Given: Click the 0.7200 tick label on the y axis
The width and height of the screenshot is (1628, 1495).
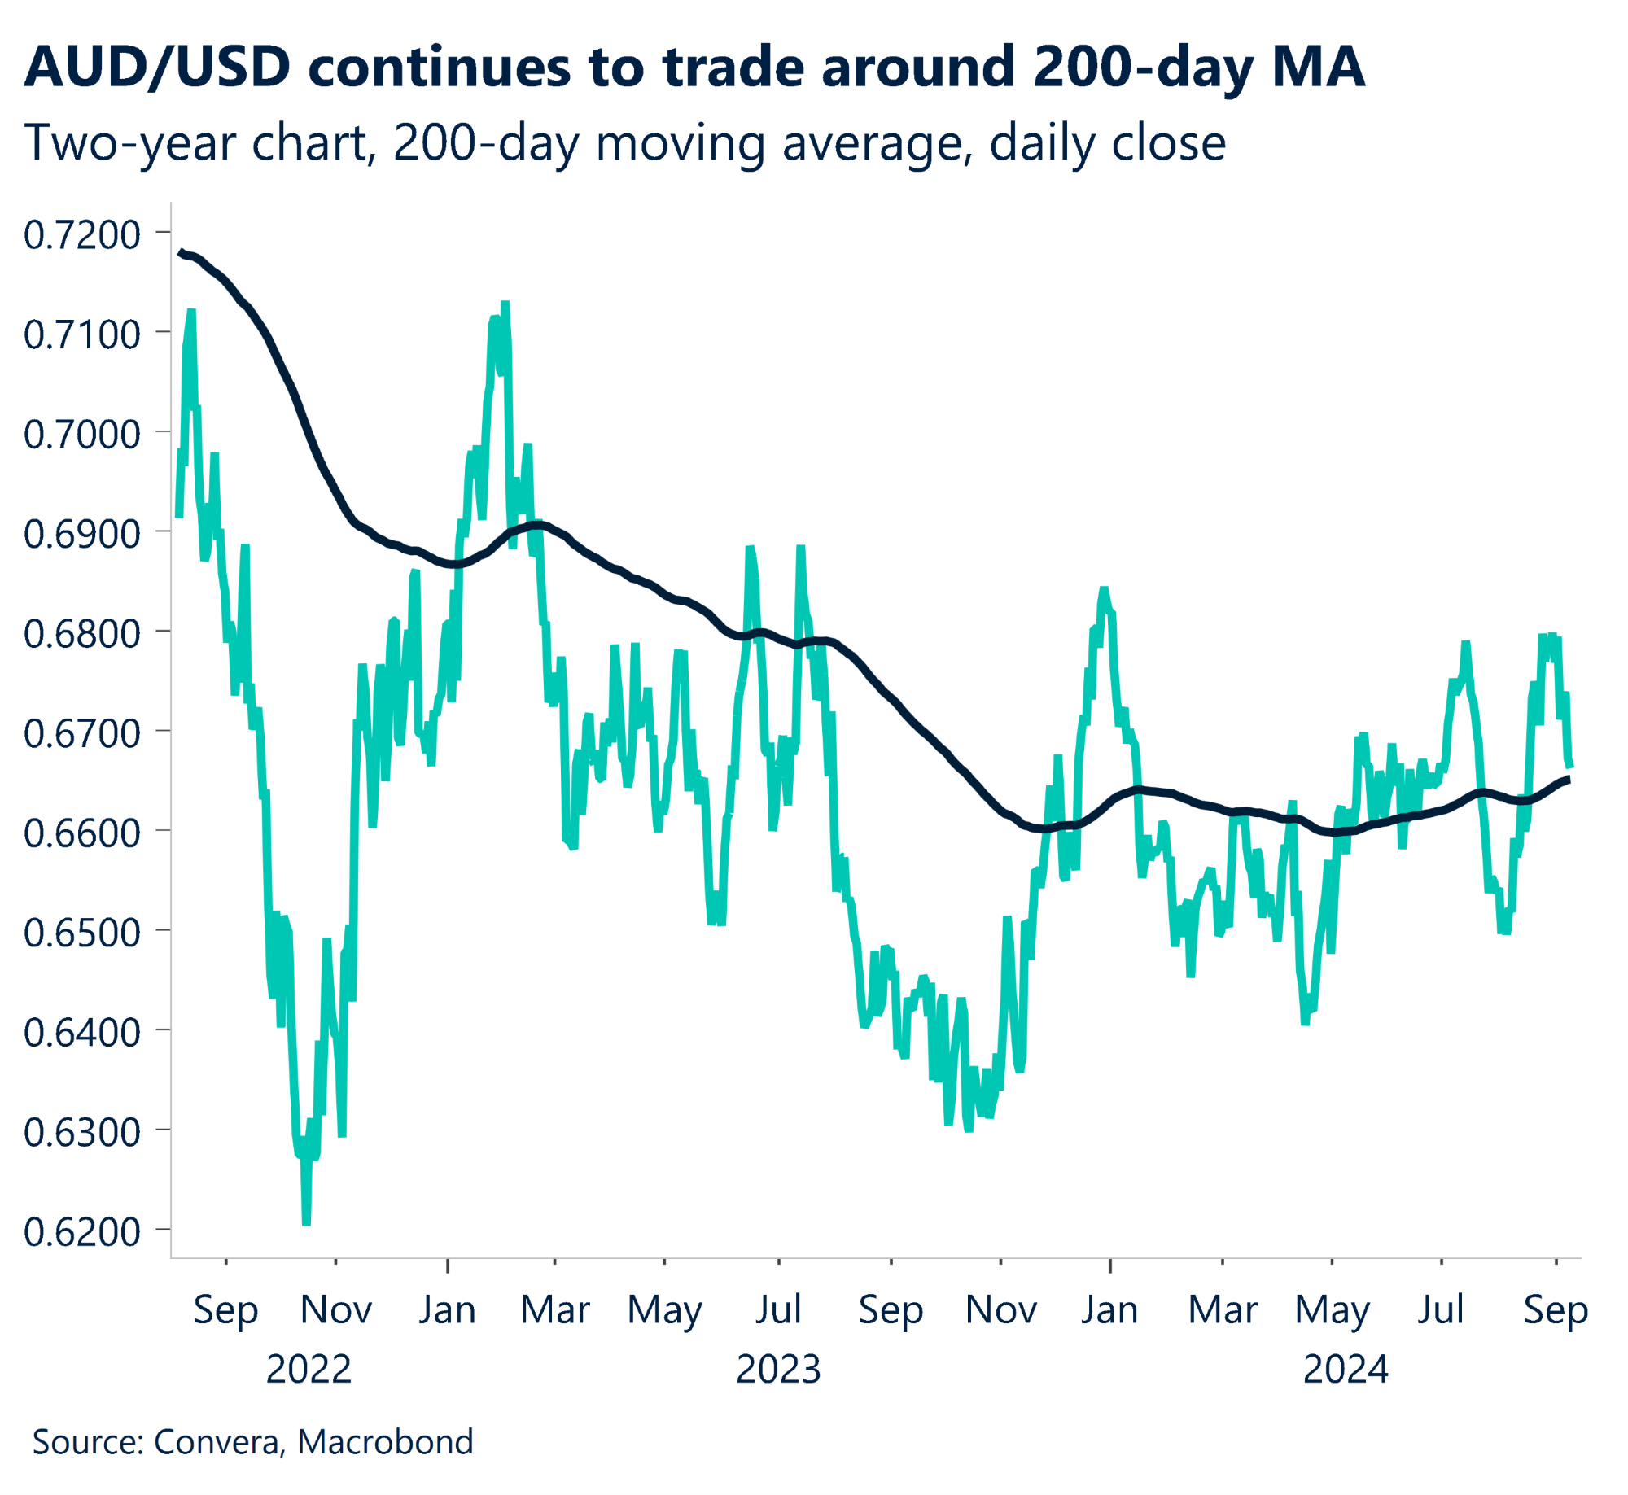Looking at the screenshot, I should point(81,235).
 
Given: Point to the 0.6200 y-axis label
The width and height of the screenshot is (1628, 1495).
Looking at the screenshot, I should point(81,1232).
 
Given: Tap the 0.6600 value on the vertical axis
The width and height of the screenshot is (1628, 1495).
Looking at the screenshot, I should point(81,833).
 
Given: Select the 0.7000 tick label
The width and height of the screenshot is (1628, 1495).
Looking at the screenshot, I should point(81,435).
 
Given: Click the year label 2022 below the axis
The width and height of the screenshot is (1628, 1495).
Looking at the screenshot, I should point(309,1370).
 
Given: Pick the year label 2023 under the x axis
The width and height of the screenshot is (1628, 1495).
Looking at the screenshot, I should point(778,1370).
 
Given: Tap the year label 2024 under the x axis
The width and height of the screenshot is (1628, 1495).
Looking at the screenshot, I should point(1346,1370).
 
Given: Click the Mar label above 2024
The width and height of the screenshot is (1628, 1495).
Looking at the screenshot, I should point(1223,1310).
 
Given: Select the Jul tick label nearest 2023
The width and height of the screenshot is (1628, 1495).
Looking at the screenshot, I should point(778,1310).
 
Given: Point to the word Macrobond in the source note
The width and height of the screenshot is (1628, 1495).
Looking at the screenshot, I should point(385,1442).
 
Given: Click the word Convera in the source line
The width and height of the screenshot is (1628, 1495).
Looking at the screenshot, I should point(217,1442).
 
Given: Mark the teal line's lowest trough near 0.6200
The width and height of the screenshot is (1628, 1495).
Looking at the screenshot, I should point(306,1222).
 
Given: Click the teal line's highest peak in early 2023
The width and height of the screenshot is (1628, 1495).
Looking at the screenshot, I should point(505,304).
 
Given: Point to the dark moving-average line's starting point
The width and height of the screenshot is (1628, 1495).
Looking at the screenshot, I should point(180,252).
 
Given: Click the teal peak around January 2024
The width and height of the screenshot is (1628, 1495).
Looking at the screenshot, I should point(1104,589).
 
